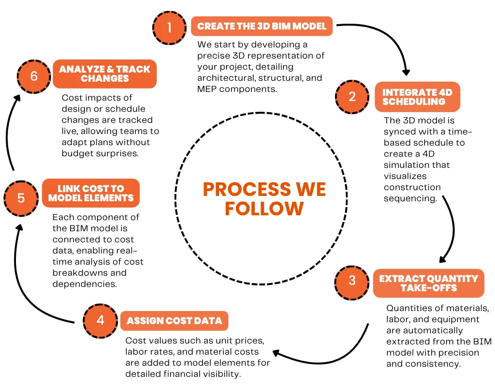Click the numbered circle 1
click(x=170, y=27)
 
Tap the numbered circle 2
click(x=352, y=96)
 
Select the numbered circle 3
click(x=352, y=280)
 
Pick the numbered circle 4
click(x=100, y=320)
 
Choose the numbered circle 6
click(x=33, y=76)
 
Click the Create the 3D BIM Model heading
click(x=262, y=26)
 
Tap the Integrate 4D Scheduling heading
click(x=417, y=97)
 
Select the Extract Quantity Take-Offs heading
click(x=428, y=283)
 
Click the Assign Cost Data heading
click(x=174, y=321)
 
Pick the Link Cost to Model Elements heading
click(x=91, y=193)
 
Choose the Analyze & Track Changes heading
click(x=105, y=74)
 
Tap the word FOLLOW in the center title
click(x=264, y=208)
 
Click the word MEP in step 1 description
click(x=208, y=89)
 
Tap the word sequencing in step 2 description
click(x=408, y=198)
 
